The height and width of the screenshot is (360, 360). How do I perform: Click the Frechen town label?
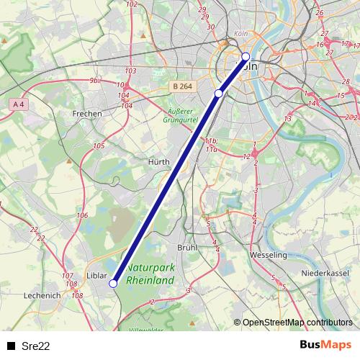click(87, 114)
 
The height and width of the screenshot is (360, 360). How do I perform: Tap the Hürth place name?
click(158, 162)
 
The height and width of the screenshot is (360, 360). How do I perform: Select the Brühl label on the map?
click(186, 247)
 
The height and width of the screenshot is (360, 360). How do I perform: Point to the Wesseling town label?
click(268, 255)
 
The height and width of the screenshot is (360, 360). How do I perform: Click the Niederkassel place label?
click(324, 274)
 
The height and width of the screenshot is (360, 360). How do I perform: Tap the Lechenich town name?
click(42, 295)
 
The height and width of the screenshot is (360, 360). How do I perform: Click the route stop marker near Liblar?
click(113, 284)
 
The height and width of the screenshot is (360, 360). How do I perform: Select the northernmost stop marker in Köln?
click(246, 56)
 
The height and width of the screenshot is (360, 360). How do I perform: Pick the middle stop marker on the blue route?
click(219, 93)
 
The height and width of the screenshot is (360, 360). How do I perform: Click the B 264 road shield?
click(182, 86)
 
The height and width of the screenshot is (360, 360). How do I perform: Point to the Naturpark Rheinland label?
click(150, 274)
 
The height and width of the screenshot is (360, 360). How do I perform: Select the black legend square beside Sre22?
click(9, 346)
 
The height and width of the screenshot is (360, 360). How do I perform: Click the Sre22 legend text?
click(35, 346)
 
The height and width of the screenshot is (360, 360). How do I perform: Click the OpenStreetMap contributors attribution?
click(297, 323)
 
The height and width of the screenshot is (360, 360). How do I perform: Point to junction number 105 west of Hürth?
click(99, 146)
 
